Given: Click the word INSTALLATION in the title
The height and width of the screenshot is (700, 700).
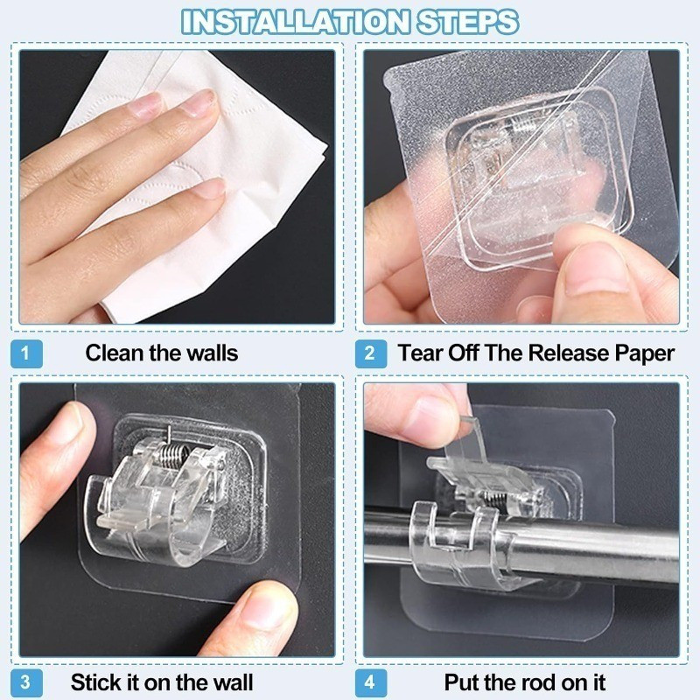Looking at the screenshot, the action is click(295, 21).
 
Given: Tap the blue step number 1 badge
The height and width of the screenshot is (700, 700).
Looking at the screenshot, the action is click(26, 353).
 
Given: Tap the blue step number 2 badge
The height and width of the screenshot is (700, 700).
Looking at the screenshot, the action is click(371, 353).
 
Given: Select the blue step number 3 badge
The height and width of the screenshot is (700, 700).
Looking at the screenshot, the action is click(26, 682).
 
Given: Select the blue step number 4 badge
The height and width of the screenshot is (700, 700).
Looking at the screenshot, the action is click(371, 682).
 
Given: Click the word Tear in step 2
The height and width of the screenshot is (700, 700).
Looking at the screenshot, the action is click(420, 353).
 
